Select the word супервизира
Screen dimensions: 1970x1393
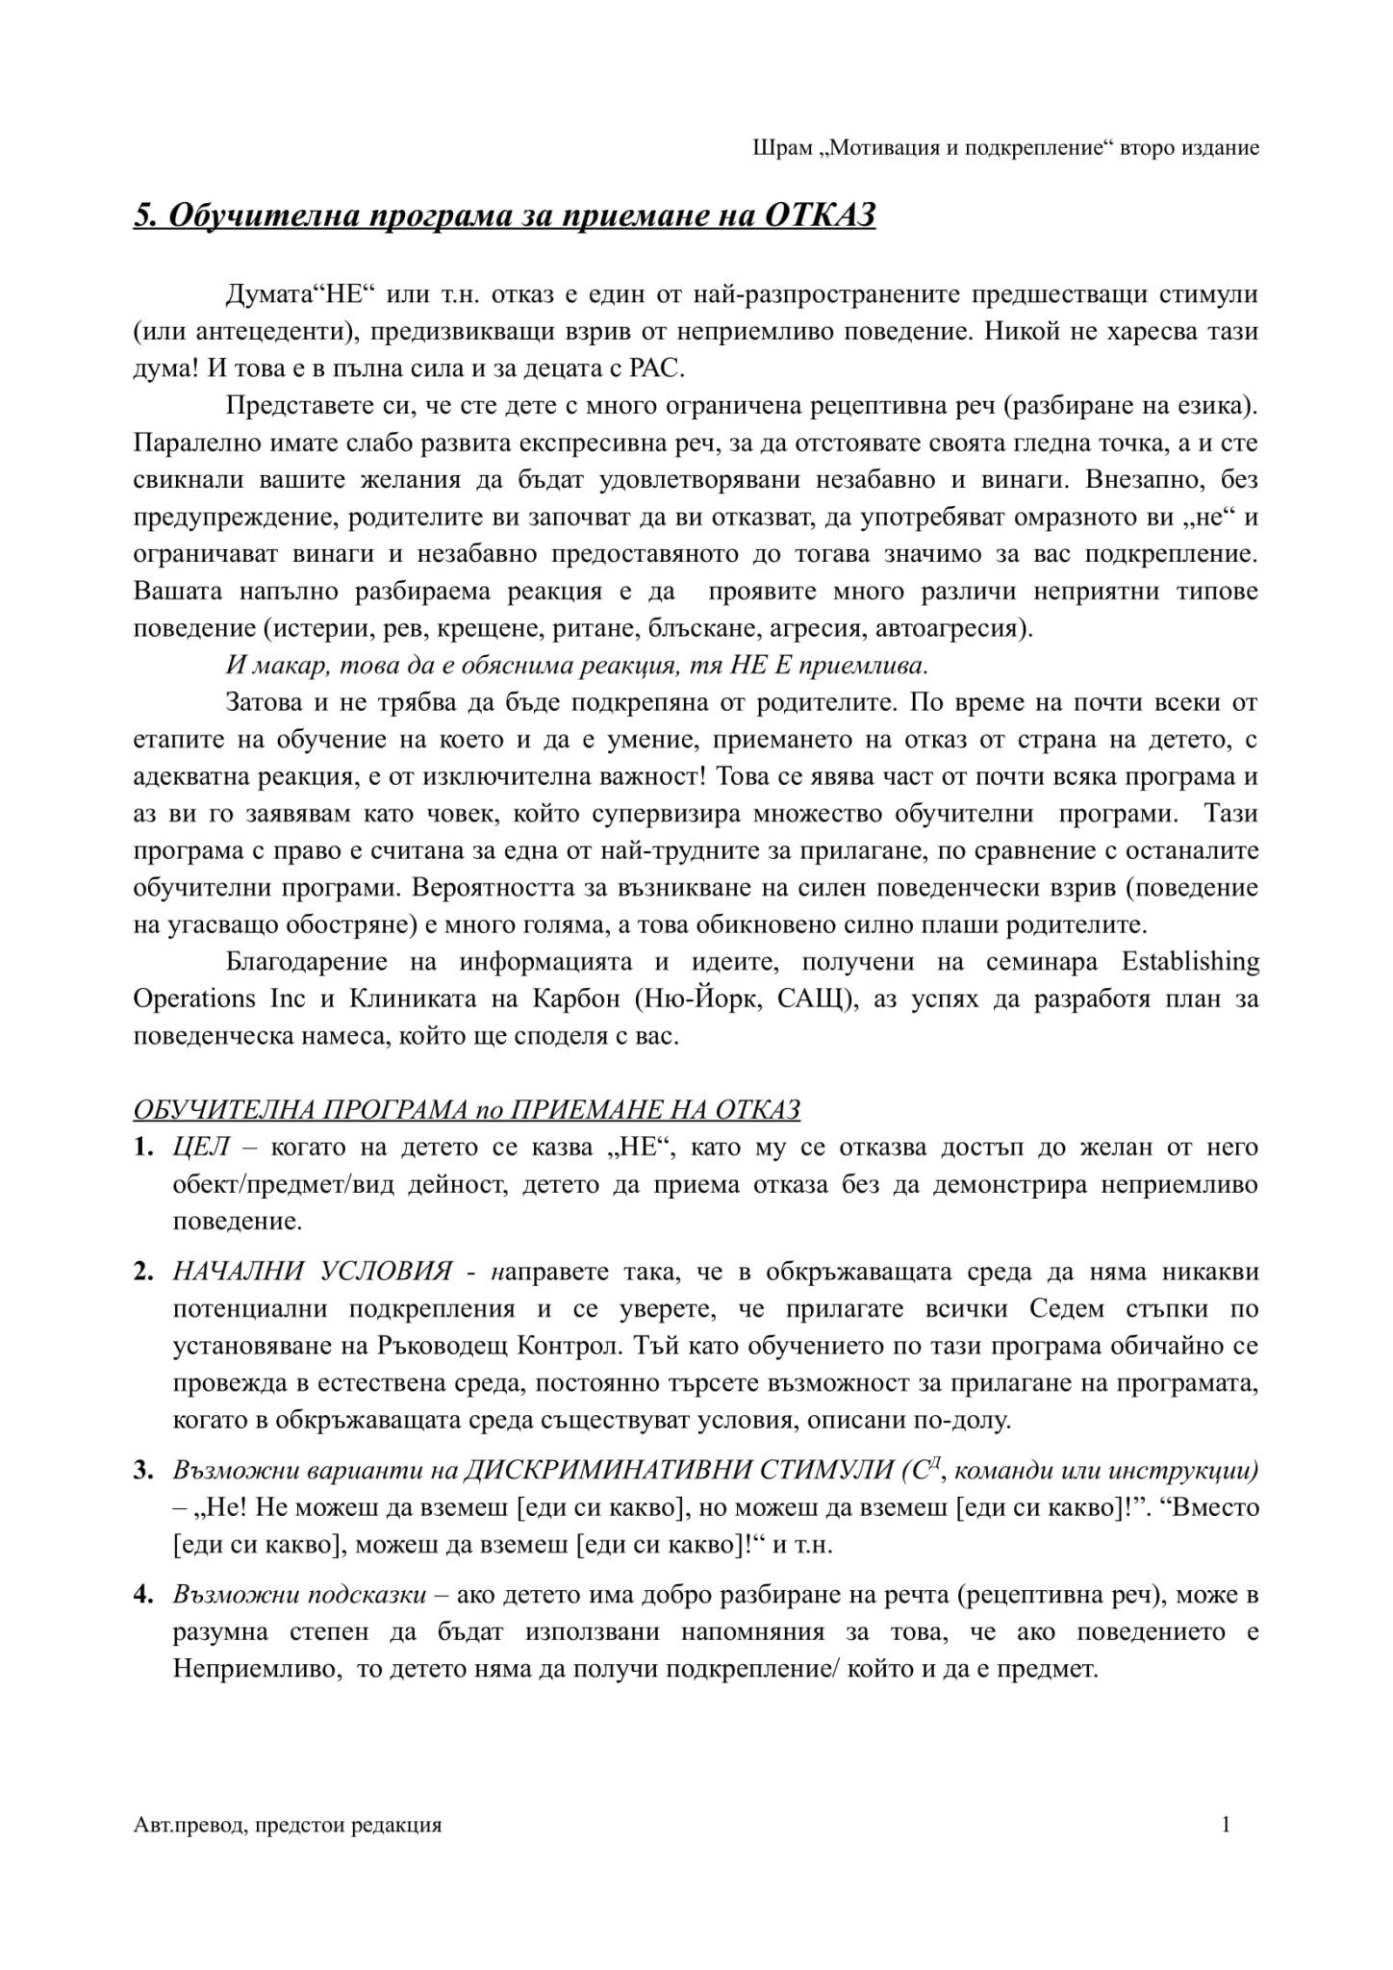(671, 814)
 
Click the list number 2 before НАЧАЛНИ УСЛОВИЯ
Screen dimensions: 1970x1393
(142, 1273)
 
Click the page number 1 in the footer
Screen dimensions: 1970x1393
(1226, 1825)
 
